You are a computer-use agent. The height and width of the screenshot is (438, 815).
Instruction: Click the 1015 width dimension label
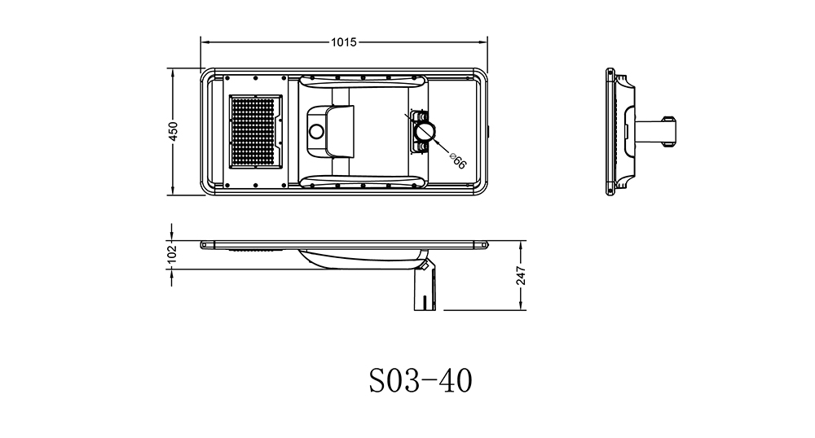click(344, 42)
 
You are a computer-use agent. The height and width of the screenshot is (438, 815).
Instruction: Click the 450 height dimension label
click(173, 131)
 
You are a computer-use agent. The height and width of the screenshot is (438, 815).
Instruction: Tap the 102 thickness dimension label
click(173, 254)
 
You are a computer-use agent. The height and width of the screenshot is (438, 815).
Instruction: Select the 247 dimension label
click(521, 276)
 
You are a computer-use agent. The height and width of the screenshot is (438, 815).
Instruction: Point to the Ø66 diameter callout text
click(457, 161)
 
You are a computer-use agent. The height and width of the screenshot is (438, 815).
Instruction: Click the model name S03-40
click(421, 381)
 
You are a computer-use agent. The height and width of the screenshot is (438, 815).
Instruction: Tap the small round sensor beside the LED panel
click(315, 131)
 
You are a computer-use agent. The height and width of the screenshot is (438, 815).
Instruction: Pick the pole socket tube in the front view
click(424, 289)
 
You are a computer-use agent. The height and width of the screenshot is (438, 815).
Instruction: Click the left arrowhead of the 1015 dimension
click(205, 42)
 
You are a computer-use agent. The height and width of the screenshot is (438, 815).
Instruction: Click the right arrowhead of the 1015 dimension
click(483, 42)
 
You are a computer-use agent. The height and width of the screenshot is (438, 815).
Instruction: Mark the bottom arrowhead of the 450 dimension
click(173, 191)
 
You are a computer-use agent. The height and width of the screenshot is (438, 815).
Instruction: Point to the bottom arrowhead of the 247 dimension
click(521, 306)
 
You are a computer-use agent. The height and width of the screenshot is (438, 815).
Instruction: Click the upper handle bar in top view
click(363, 81)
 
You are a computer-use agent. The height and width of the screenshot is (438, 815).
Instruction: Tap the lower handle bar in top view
click(363, 182)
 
